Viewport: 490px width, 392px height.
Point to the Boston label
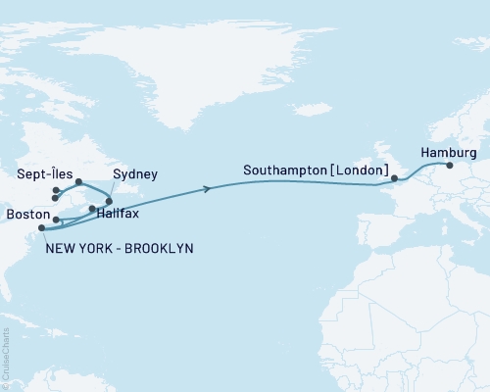[x=24, y=211]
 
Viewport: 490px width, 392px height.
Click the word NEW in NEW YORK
[x=61, y=249]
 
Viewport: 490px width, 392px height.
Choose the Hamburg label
[x=448, y=153]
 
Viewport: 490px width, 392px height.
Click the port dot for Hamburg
[x=450, y=166]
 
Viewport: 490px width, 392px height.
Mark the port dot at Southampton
[x=394, y=179]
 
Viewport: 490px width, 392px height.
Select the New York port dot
[x=41, y=229]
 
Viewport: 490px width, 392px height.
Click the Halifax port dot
[x=92, y=209]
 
